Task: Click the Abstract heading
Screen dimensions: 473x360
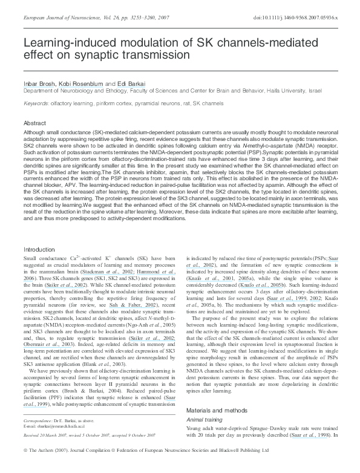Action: pyautogui.click(x=34, y=122)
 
